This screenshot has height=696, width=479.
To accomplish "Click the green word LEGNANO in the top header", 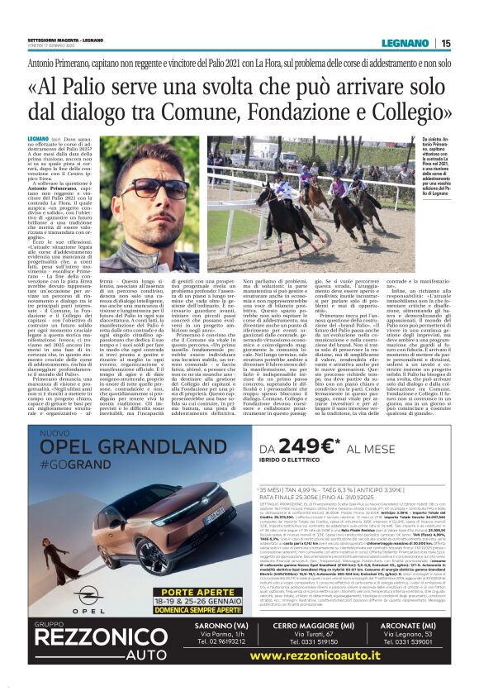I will pos(406,43).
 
